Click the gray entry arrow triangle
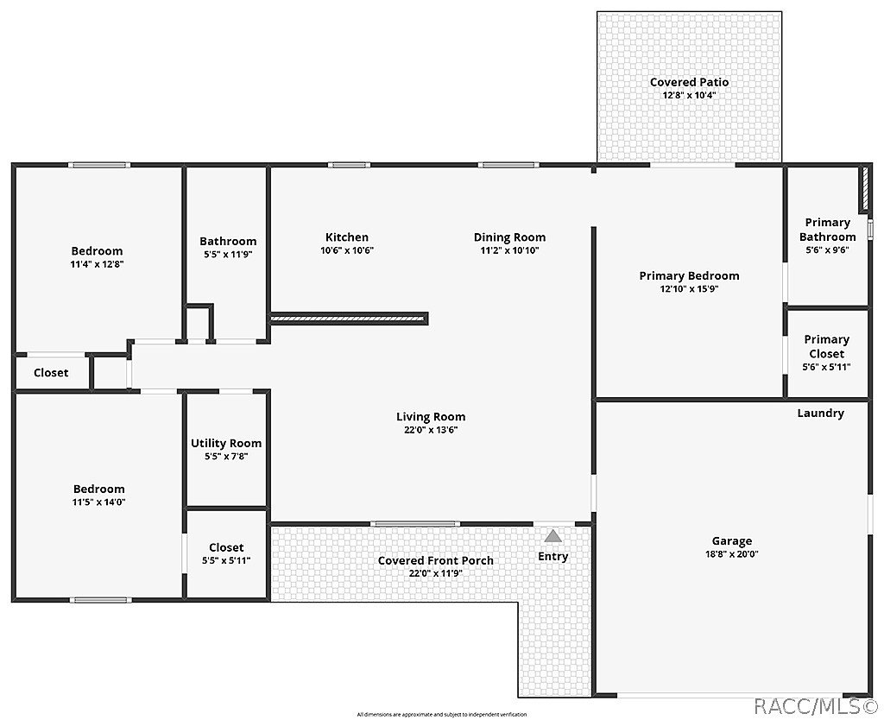(552, 536)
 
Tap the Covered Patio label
(689, 82)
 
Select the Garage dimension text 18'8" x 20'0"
(731, 554)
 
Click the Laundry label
(820, 414)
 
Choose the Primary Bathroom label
(827, 230)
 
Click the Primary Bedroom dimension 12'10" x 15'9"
(689, 289)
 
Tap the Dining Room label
(509, 237)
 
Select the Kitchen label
(346, 237)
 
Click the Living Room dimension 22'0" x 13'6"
(431, 430)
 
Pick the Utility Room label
(226, 443)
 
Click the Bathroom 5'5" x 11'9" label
(228, 242)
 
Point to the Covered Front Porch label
(436, 560)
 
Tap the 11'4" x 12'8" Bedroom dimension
(97, 264)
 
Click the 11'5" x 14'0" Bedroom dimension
(98, 502)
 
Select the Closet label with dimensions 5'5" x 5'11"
(226, 547)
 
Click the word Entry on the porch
(552, 557)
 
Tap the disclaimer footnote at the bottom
(441, 715)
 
